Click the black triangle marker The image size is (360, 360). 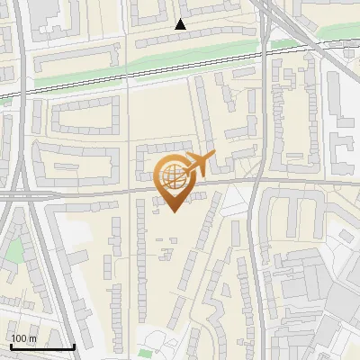coord(182,25)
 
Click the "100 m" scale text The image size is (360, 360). coord(23,338)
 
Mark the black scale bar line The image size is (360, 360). coord(42,346)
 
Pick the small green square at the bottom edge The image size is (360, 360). coord(146,353)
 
